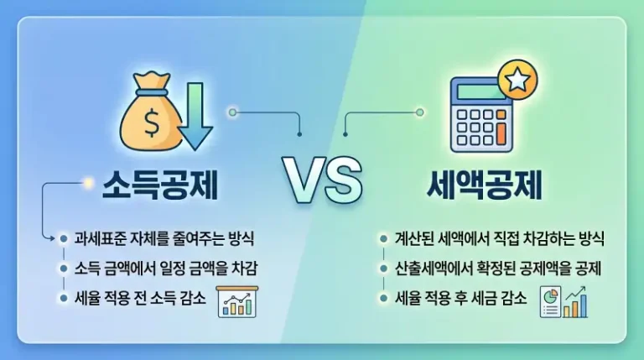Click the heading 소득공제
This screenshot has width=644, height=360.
click(159, 183)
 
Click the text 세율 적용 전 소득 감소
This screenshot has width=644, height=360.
click(139, 299)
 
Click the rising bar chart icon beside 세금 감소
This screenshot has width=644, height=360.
click(575, 301)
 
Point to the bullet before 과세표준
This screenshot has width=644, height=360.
click(64, 238)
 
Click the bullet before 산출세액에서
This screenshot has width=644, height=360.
click(383, 269)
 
